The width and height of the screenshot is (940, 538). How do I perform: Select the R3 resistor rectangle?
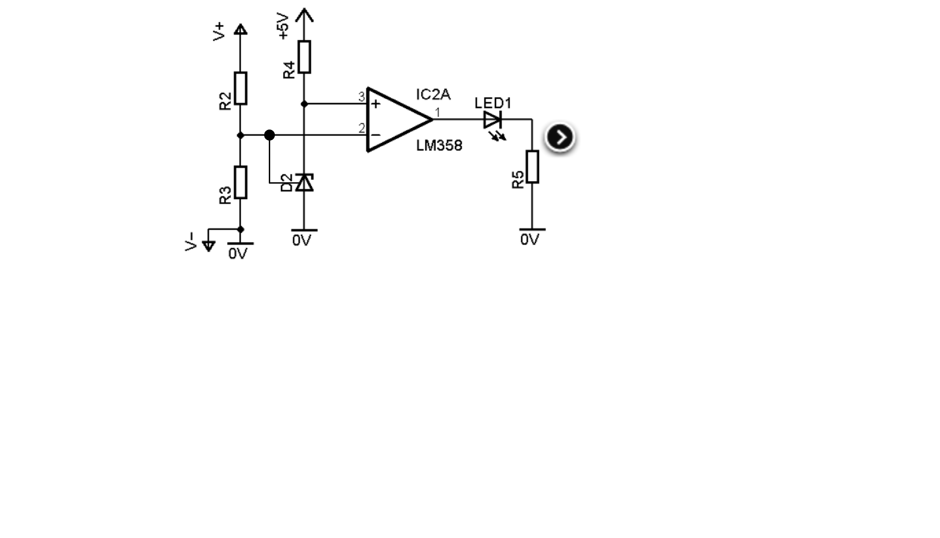coord(240,183)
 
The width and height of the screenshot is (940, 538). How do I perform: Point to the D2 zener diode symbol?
coord(305,183)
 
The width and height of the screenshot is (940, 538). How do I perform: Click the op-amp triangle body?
coord(400,120)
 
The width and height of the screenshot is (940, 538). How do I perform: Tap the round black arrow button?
coord(560,137)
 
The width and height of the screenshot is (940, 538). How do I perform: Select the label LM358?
coord(439,145)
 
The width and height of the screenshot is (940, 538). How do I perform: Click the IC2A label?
coord(433,95)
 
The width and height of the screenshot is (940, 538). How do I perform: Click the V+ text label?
coord(219,31)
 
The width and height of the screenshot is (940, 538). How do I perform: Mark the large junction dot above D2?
coord(270,135)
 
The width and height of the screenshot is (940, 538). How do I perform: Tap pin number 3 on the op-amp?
coord(361,97)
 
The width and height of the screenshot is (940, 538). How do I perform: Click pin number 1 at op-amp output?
coord(438,112)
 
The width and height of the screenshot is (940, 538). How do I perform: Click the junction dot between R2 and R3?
coord(240,135)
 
